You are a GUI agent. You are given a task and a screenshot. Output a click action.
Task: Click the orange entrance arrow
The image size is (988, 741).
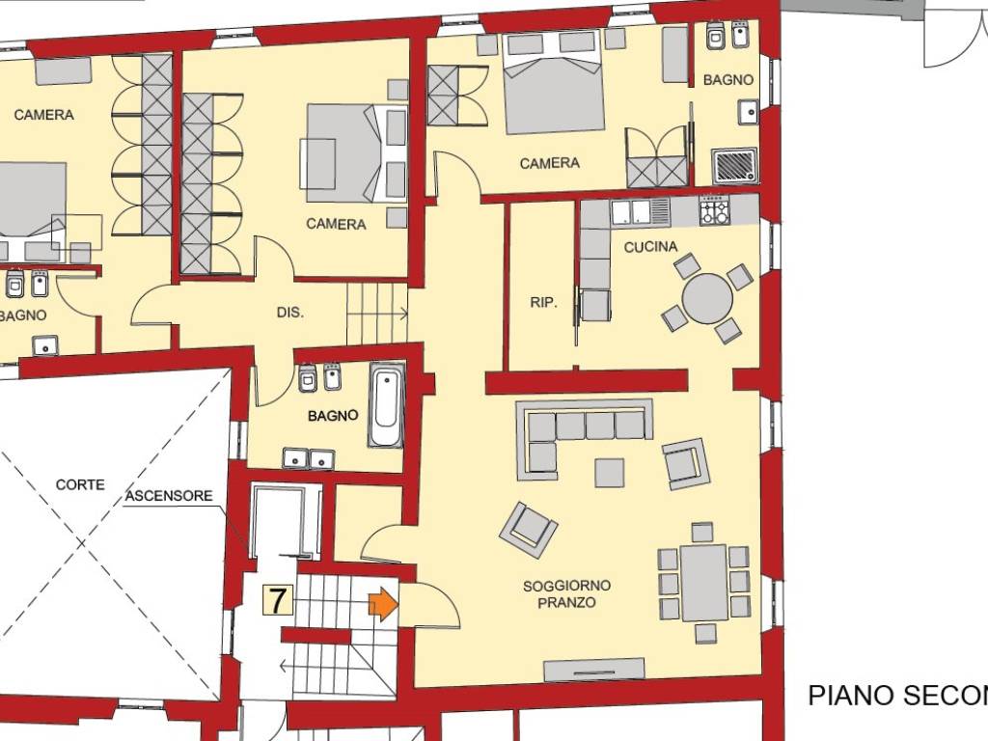[x=383, y=604]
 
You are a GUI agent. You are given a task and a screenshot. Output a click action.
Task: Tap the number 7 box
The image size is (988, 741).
[x=278, y=601]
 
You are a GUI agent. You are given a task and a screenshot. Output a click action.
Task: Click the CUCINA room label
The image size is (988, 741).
[x=645, y=247]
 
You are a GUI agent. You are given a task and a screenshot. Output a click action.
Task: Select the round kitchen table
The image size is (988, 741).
[x=706, y=299]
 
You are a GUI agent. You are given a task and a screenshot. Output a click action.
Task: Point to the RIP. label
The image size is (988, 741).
[x=543, y=302]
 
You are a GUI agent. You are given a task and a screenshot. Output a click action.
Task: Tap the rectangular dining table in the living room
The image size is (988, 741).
[x=703, y=583]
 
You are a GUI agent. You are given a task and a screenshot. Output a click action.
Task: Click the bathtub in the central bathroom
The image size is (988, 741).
[x=386, y=404]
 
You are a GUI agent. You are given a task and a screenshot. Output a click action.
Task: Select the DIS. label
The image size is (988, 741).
[x=289, y=313]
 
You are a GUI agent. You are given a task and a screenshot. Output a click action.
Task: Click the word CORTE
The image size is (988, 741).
[x=80, y=484]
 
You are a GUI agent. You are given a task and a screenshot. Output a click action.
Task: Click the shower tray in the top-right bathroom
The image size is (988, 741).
[x=735, y=166]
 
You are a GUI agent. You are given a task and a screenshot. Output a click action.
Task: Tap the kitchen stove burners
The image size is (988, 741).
[x=714, y=210]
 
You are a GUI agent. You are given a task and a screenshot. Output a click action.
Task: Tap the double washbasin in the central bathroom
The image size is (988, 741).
[x=309, y=458]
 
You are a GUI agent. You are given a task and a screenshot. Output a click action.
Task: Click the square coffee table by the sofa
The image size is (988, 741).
[x=609, y=472]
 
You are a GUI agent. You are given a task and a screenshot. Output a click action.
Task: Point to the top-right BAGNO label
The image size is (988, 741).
[x=727, y=80]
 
